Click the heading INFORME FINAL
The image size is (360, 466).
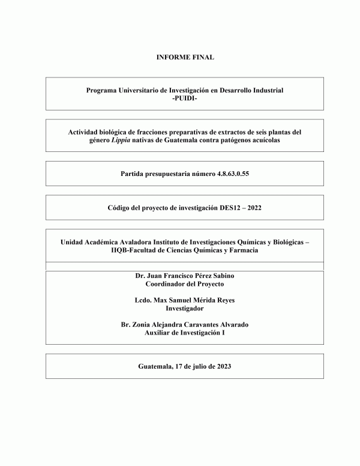pyautogui.click(x=184, y=58)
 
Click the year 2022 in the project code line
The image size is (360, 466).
pyautogui.click(x=253, y=208)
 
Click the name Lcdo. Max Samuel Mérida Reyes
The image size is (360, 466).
pyautogui.click(x=185, y=300)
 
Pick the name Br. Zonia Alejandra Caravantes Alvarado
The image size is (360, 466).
pyautogui.click(x=185, y=324)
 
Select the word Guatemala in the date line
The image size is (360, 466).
pyautogui.click(x=154, y=366)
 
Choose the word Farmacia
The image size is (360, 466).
pyautogui.click(x=243, y=250)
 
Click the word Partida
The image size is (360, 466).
pyautogui.click(x=134, y=174)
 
